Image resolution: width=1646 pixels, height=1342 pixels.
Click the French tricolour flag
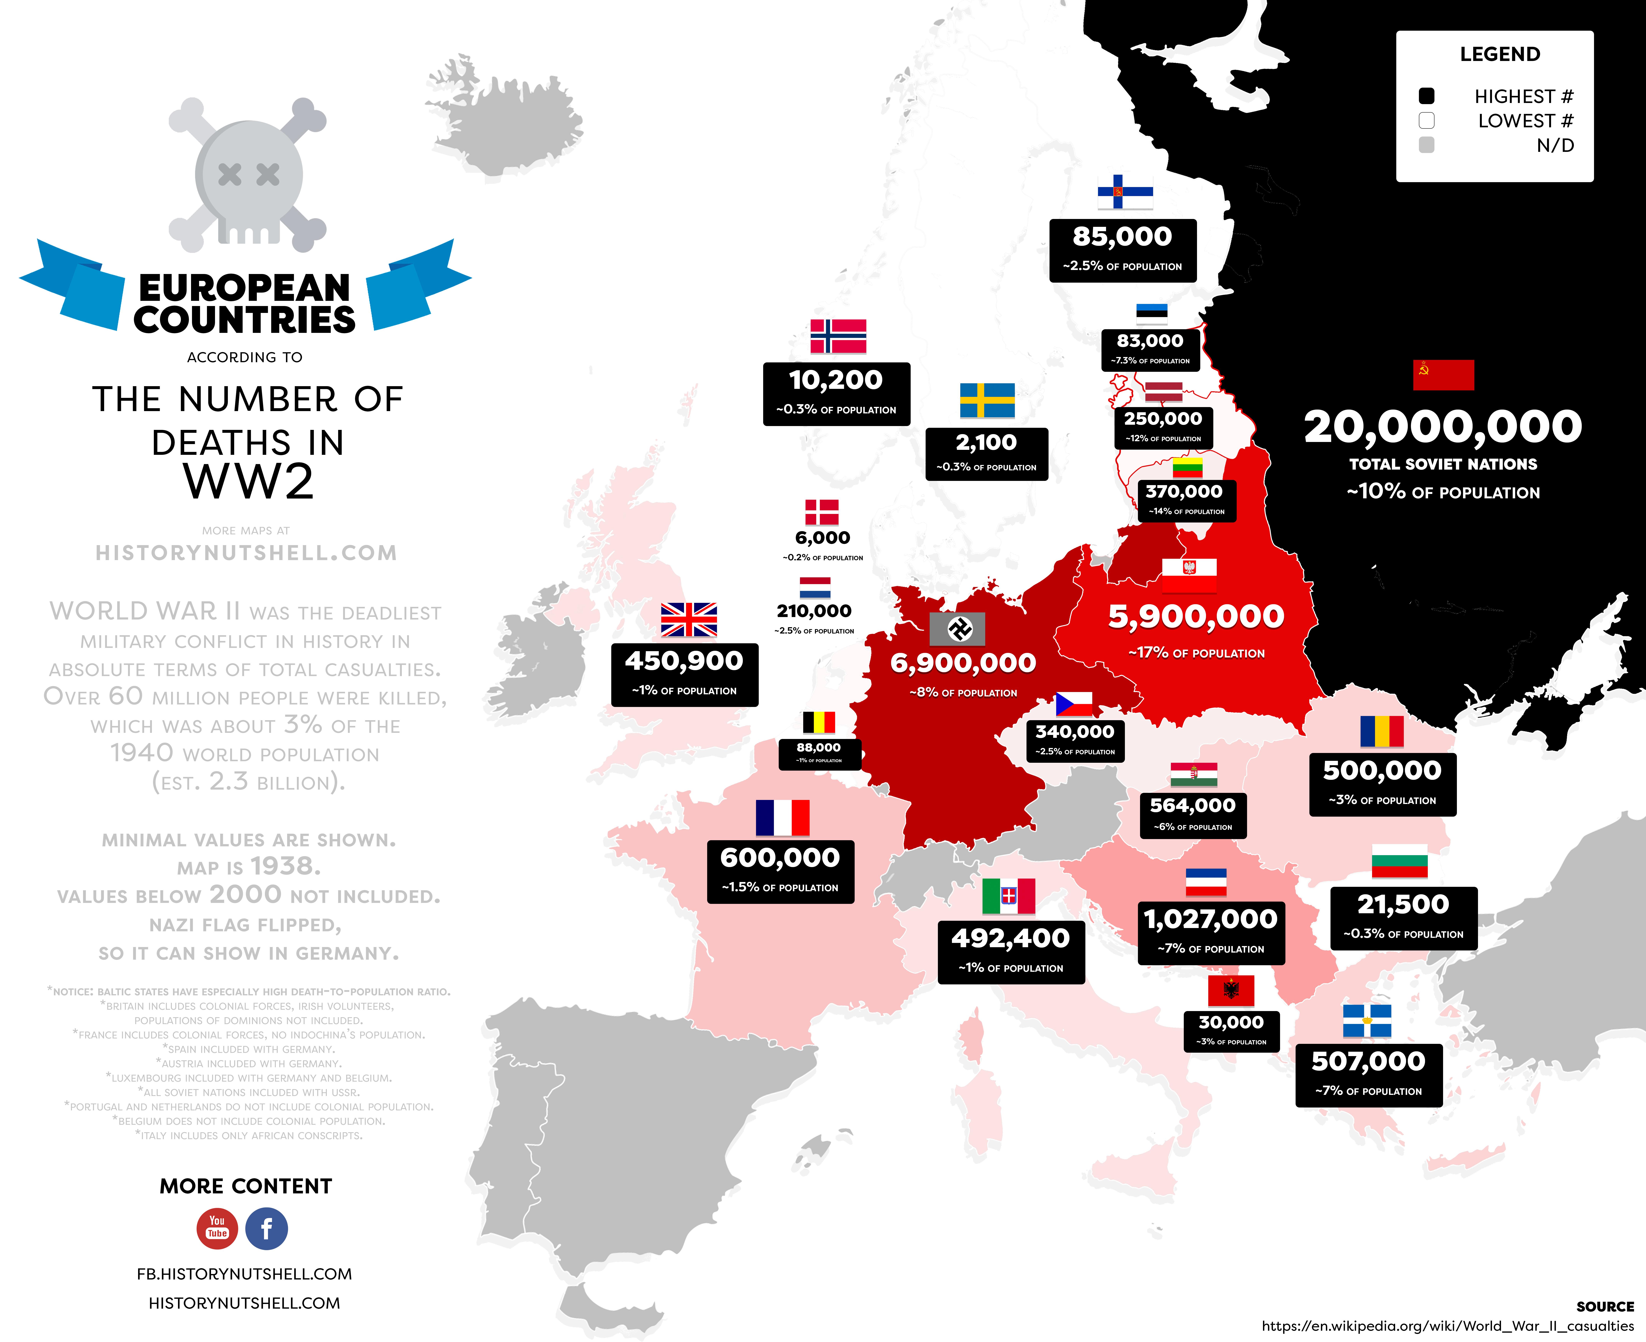(x=782, y=818)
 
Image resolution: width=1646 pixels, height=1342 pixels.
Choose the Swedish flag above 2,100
(x=987, y=400)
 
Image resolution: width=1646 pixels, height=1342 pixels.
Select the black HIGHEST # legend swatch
(x=1426, y=96)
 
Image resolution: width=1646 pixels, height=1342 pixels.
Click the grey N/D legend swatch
(x=1426, y=145)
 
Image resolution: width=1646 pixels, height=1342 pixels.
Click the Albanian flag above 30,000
(x=1231, y=990)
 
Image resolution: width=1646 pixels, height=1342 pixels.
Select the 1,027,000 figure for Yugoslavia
(x=1211, y=919)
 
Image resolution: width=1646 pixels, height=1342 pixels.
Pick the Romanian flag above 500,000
(x=1382, y=731)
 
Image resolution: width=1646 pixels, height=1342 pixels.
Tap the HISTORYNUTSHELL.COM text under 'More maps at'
(x=246, y=553)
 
